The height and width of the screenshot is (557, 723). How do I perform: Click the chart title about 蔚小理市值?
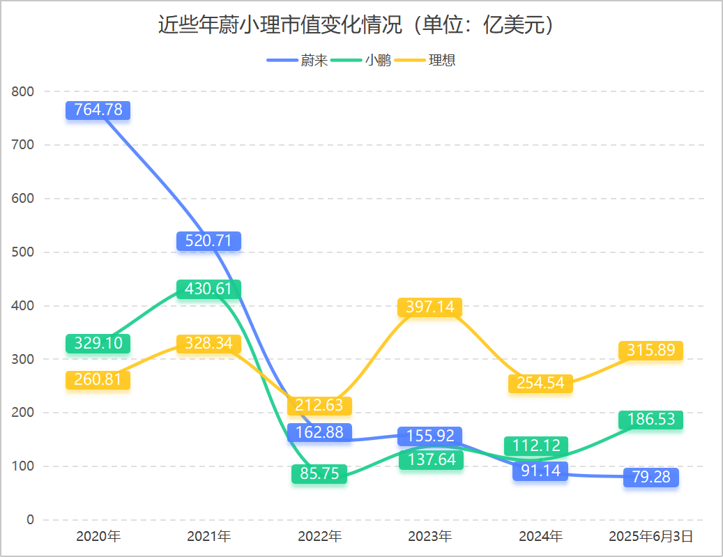coord(356,24)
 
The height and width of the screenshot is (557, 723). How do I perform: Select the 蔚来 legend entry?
coord(298,60)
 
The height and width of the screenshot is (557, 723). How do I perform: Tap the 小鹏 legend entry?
coord(361,60)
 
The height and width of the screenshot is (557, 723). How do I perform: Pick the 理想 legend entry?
coord(425,60)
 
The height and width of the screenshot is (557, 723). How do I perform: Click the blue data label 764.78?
coord(98,109)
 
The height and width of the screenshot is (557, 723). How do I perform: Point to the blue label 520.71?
coord(208,241)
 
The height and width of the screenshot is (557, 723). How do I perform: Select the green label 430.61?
coord(208,289)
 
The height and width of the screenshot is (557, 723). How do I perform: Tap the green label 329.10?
coord(98,343)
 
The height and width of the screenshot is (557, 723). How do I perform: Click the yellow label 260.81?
coord(98,379)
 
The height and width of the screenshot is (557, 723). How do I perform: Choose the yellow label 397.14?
coord(429,307)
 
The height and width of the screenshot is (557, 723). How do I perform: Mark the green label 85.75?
coord(319,473)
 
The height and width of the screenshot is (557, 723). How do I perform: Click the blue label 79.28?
coord(651,477)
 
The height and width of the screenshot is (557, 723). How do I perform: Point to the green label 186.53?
coord(651,419)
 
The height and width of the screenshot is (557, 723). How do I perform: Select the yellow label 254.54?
coord(540,383)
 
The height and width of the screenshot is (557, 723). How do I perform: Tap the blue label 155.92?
coord(429,436)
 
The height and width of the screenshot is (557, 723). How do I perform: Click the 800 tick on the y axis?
coord(22,91)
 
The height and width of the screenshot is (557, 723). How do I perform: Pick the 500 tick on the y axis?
coord(22,252)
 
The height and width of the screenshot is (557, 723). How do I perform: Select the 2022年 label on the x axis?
coord(319,536)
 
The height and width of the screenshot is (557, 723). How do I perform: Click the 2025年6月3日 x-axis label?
coord(651,536)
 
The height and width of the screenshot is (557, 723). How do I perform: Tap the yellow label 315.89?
coord(651,351)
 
